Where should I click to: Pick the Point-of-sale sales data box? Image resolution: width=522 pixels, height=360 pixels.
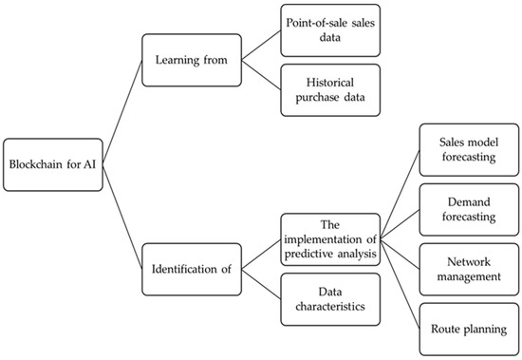coord(329,28)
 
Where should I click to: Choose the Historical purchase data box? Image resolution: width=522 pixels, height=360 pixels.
coord(329,90)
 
